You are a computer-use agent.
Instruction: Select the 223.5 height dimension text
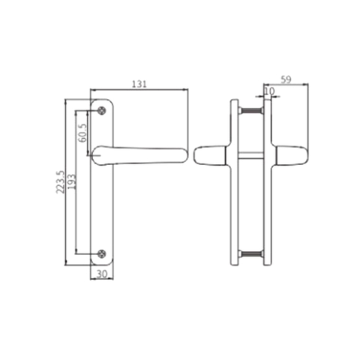(x=60, y=181)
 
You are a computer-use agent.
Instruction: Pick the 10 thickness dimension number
(x=270, y=91)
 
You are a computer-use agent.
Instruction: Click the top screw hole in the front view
(x=102, y=109)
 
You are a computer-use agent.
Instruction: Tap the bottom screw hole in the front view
(x=102, y=253)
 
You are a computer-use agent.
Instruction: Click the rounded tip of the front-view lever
(x=181, y=154)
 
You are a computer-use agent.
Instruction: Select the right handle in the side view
(x=289, y=155)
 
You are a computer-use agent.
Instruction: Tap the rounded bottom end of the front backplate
(x=102, y=262)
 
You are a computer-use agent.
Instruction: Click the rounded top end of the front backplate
(x=102, y=101)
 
